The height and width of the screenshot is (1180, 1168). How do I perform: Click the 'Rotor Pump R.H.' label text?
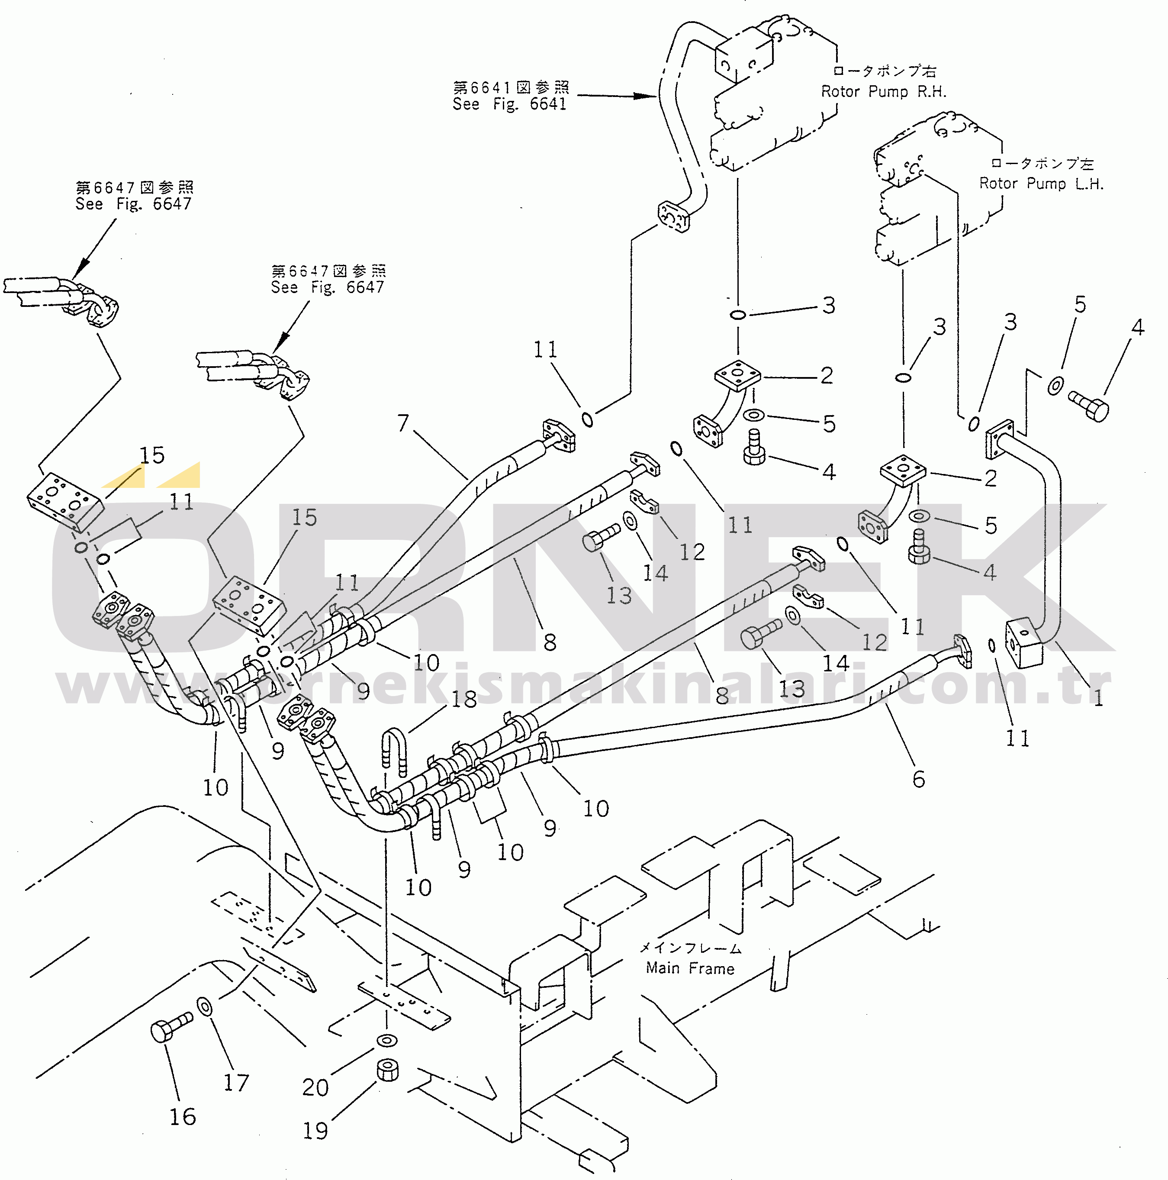tap(883, 92)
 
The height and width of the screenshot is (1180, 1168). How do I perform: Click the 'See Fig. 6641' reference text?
tap(509, 104)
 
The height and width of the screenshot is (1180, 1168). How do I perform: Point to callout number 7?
tap(403, 422)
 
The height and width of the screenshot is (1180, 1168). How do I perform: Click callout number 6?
tap(918, 779)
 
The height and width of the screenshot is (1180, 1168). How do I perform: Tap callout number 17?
tap(236, 1083)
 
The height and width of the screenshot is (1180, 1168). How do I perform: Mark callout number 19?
tap(315, 1131)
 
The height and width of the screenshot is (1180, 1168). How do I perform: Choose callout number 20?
tap(315, 1088)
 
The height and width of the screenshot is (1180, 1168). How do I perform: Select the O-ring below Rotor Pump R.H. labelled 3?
tap(737, 315)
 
